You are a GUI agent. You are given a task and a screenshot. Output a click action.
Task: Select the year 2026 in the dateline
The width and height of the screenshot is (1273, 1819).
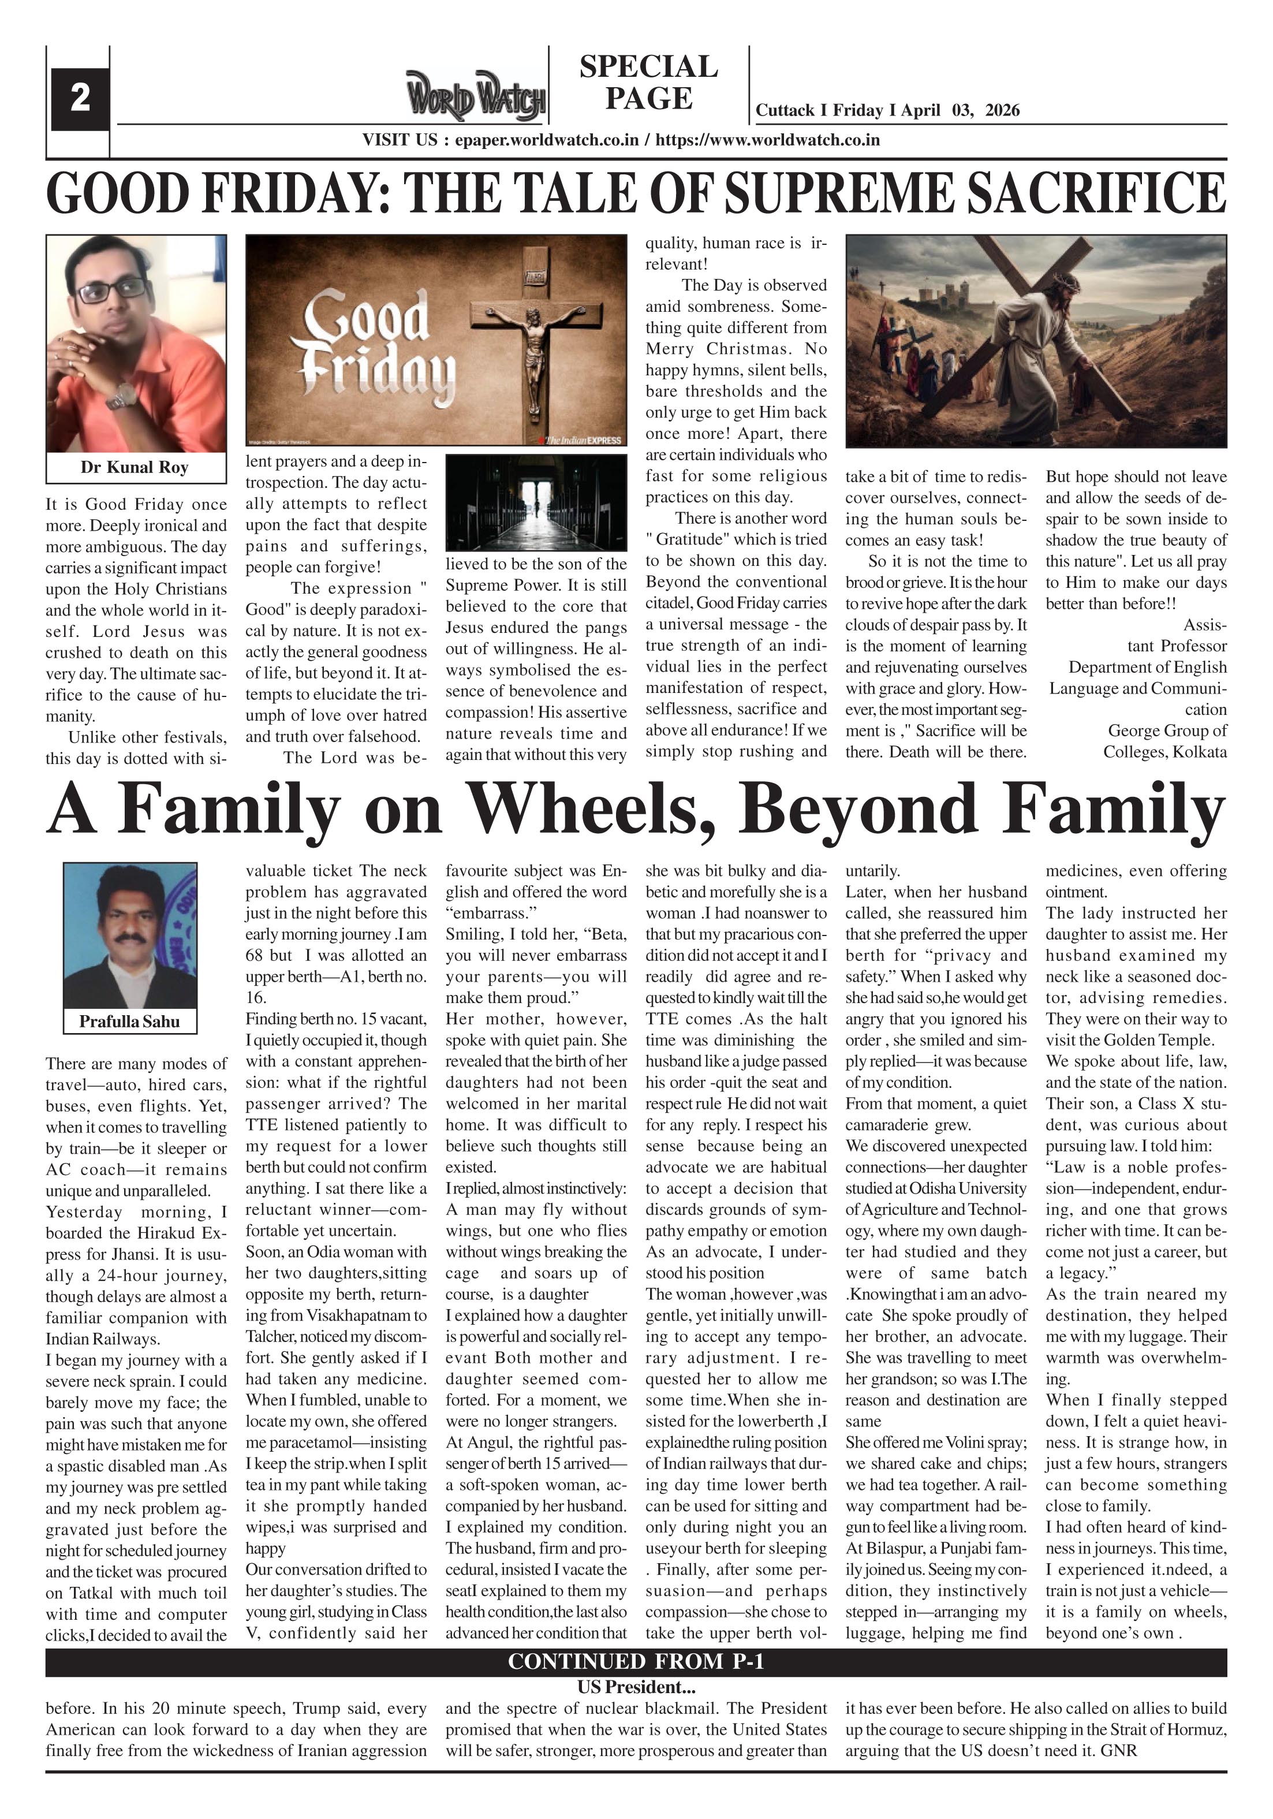1002,110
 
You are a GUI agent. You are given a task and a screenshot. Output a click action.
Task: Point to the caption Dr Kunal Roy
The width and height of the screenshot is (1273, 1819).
135,467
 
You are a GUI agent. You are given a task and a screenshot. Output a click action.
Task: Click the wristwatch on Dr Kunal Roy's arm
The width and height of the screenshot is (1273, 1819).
121,396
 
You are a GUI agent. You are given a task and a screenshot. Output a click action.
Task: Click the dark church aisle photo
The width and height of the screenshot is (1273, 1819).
536,502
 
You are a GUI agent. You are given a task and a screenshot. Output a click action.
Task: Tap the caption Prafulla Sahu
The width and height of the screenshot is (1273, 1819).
129,1021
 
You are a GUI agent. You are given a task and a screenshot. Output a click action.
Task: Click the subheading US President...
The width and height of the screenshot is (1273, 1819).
636,1687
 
